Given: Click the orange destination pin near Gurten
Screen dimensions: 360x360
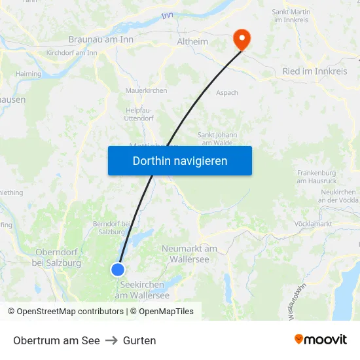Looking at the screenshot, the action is click(242, 39).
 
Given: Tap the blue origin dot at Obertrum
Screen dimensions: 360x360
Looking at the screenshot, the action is click(118, 269).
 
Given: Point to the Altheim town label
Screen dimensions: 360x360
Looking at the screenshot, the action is click(192, 42).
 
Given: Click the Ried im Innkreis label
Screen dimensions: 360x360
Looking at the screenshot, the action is click(314, 71).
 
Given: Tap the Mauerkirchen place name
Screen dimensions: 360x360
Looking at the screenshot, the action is click(146, 90).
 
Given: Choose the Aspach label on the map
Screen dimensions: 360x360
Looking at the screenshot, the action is click(227, 93).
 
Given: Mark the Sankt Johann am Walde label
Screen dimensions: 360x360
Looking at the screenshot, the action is click(217, 139).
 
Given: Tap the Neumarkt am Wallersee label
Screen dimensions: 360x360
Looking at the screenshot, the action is click(189, 253).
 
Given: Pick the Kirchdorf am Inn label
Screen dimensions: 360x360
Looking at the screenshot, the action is click(72, 53).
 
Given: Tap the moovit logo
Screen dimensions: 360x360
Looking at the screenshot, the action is click(321, 339).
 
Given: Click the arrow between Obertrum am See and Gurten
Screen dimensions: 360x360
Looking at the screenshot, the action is click(111, 340).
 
